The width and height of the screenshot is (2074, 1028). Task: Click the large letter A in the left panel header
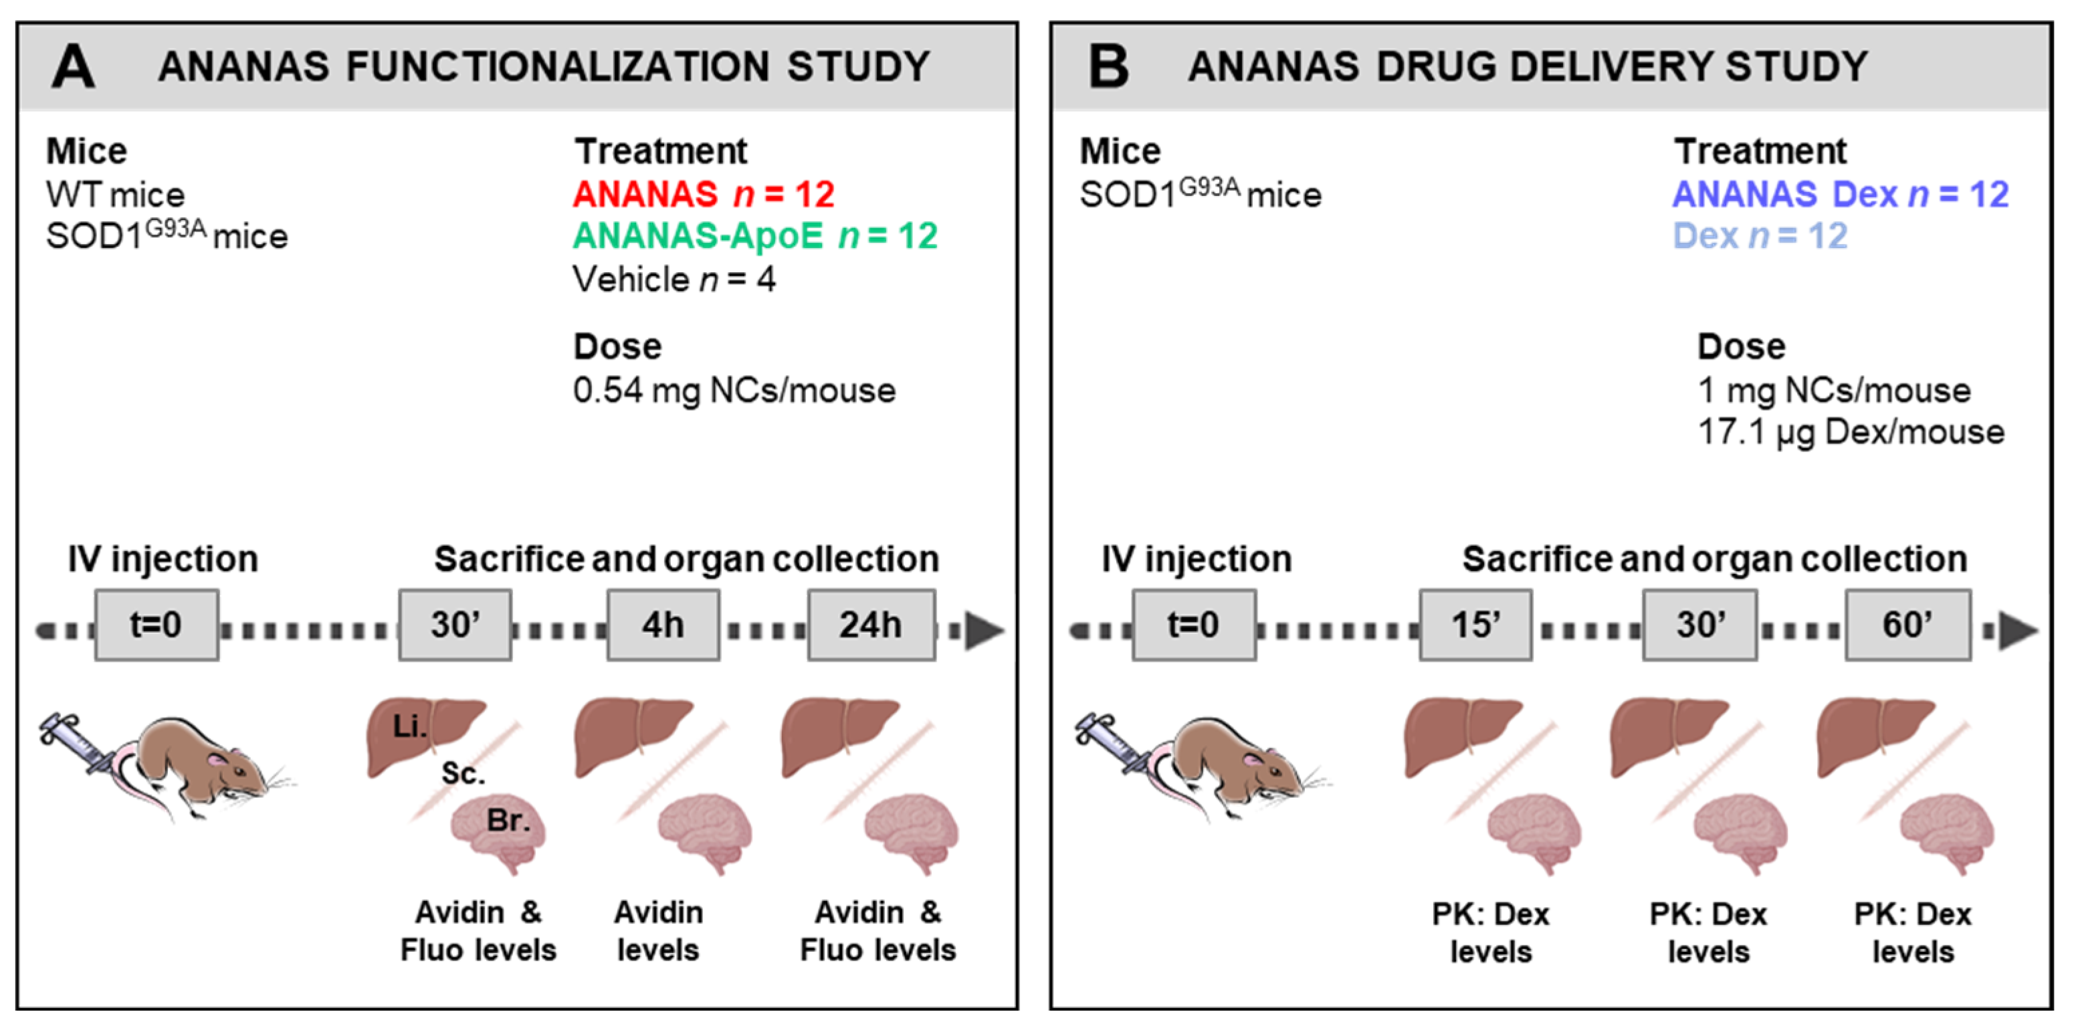point(74,66)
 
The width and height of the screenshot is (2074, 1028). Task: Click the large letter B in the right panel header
point(1108,66)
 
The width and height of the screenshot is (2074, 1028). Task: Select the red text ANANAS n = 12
point(703,194)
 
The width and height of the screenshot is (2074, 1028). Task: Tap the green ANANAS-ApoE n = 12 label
point(754,236)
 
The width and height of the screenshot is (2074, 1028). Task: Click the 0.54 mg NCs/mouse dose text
point(734,391)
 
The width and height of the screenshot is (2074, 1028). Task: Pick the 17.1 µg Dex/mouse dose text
point(1850,432)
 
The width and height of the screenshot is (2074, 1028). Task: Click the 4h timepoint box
point(663,625)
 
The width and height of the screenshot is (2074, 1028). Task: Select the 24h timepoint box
point(871,625)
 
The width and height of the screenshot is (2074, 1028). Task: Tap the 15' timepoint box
point(1475,625)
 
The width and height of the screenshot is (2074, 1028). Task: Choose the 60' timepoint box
point(1907,625)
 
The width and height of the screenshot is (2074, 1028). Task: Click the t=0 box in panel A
point(157,625)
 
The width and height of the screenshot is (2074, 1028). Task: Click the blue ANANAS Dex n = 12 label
point(1840,194)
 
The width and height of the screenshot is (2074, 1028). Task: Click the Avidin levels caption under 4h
point(658,932)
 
